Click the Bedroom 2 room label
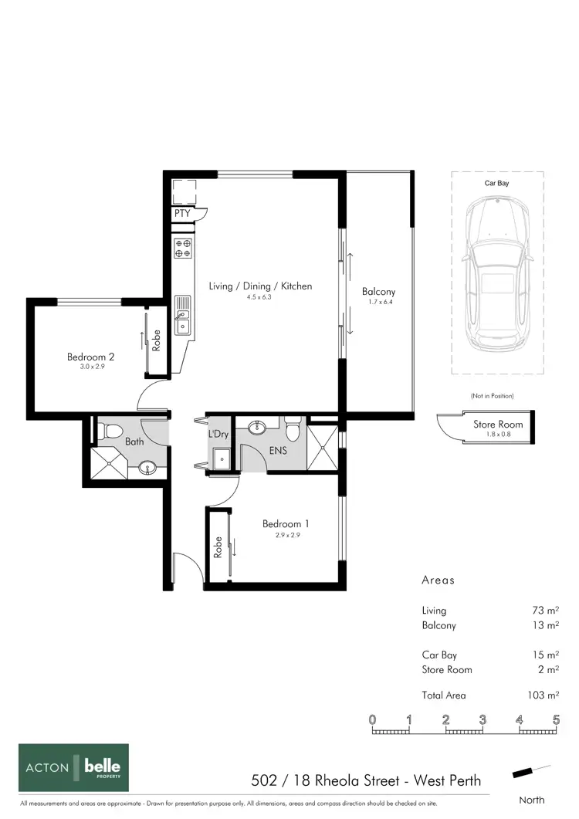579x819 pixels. point(91,357)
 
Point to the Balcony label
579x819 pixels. point(379,292)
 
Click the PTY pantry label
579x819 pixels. point(182,213)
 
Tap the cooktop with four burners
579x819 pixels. point(183,248)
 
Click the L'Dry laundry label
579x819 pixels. point(218,435)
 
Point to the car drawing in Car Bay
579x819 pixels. point(497,272)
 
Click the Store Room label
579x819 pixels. point(498,425)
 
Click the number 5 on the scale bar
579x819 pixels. point(556,719)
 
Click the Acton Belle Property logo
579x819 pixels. point(74,767)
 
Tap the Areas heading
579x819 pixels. point(438,580)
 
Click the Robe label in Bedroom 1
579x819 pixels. point(218,547)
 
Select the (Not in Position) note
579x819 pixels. point(492,396)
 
